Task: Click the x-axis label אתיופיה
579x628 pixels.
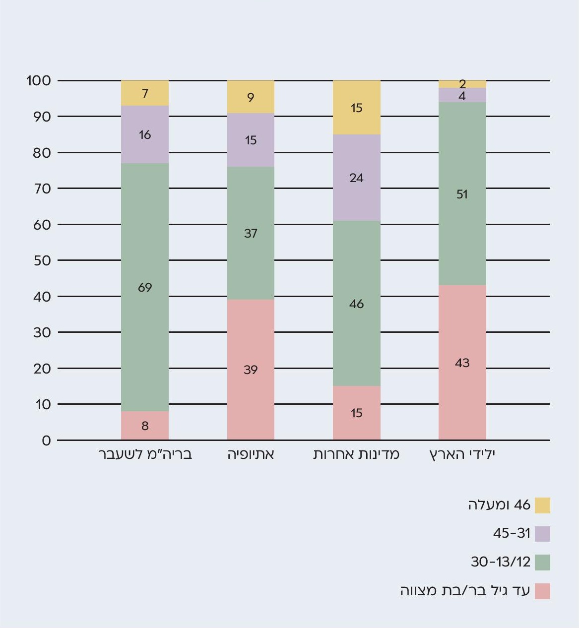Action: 251,454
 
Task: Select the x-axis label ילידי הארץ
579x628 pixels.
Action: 462,454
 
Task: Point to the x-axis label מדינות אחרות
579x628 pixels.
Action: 356,454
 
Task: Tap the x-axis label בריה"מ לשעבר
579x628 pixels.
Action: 145,454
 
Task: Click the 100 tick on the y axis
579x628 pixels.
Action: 39,80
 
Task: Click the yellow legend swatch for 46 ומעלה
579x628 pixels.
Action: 542,505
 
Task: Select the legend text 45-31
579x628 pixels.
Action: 512,534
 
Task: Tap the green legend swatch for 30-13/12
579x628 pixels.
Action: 542,563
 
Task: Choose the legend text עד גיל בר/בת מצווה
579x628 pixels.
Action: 465,591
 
